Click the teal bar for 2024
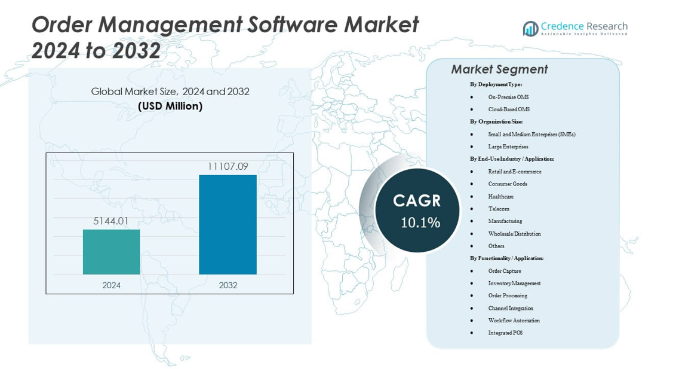tap(111, 252)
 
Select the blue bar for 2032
tap(228, 224)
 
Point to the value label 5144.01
tap(111, 221)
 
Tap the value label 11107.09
tap(228, 166)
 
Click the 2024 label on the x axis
tap(111, 285)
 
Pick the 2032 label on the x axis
tap(228, 285)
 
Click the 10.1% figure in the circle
tap(420, 223)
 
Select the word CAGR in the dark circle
tap(417, 200)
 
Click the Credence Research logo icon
tap(530, 28)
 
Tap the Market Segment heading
tap(499, 69)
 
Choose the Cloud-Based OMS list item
tap(508, 109)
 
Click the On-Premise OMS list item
tap(508, 97)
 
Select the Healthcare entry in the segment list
tap(500, 196)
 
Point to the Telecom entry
tap(499, 209)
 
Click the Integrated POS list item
tap(505, 333)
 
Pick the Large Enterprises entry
tap(508, 147)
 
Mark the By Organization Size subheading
tap(496, 121)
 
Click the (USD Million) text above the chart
tap(170, 106)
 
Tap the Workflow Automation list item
tap(514, 321)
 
